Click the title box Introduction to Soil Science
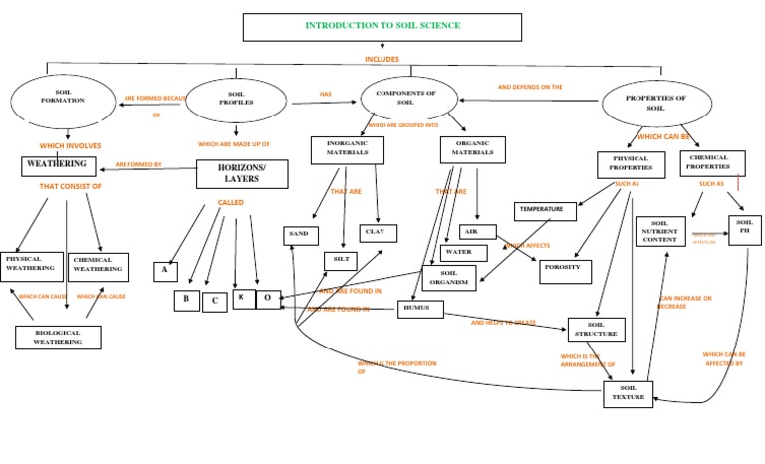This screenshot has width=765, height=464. tap(382, 26)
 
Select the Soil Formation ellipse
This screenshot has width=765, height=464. tap(64, 101)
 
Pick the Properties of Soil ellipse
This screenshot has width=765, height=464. tap(656, 103)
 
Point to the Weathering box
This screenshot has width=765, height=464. tap(57, 164)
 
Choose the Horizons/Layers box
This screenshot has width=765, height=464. tap(242, 174)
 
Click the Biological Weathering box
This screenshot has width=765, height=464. tap(58, 337)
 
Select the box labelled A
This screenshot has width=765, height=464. tap(165, 272)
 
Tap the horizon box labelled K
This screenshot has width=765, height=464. tap(244, 298)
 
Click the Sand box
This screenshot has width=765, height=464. tap(300, 235)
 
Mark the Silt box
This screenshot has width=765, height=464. tap(340, 260)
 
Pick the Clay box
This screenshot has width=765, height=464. tap(378, 232)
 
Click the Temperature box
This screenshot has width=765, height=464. tap(545, 211)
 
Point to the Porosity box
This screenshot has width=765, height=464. tap(565, 272)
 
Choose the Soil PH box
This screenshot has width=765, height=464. tap(744, 229)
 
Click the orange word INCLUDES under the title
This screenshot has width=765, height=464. tap(382, 59)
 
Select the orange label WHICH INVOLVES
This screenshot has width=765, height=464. tap(66, 146)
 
